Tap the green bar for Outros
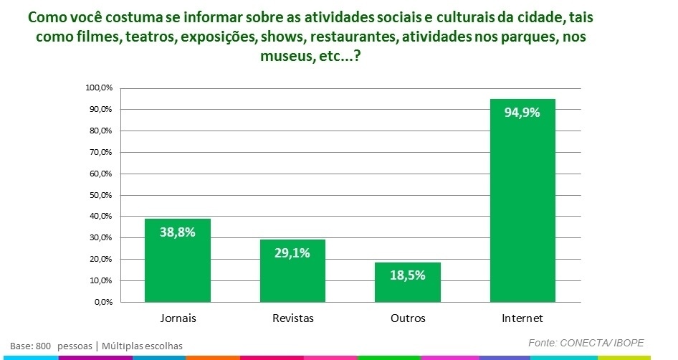[407, 287]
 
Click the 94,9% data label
[522, 113]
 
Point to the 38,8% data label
[178, 232]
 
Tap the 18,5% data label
[407, 275]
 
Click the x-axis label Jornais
[178, 317]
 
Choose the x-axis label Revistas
[292, 317]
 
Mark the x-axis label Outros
[408, 317]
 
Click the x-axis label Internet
[522, 317]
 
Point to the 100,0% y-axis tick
[100, 88]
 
